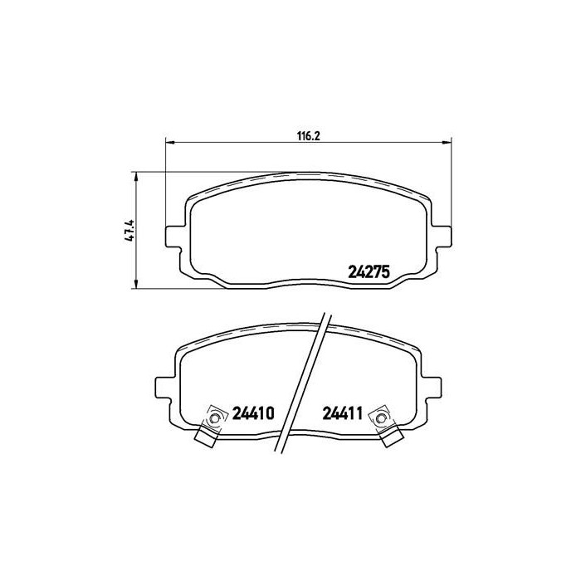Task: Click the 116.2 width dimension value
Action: click(x=308, y=136)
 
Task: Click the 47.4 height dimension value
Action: click(x=129, y=231)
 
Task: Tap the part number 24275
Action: click(x=369, y=272)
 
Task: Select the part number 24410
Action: click(x=253, y=413)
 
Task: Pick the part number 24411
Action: click(x=342, y=413)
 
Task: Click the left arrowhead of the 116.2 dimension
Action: click(x=169, y=142)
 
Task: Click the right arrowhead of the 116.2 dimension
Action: click(x=447, y=142)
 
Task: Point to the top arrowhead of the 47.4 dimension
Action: click(x=136, y=177)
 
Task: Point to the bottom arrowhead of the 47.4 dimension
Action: click(x=136, y=284)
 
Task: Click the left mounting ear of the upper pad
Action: click(x=173, y=237)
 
